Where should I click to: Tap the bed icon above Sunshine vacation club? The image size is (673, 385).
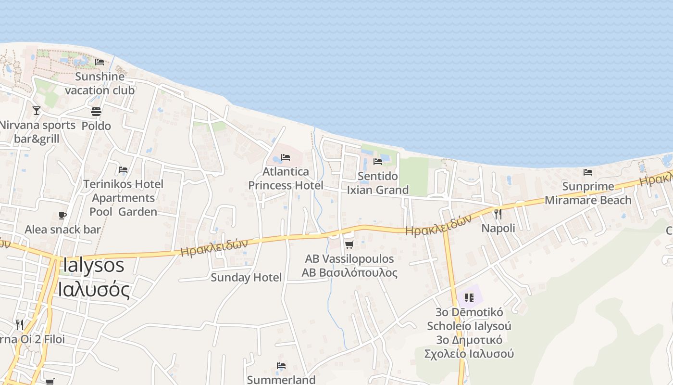[x=100, y=62]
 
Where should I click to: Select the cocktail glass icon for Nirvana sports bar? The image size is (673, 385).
[x=37, y=110]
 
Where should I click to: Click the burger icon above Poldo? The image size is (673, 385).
[x=96, y=112]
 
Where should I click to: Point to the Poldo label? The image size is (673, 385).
[x=96, y=126]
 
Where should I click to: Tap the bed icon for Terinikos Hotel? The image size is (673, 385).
[x=123, y=170]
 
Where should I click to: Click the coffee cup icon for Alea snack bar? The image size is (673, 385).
[x=62, y=215]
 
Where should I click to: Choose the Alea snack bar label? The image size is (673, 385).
[x=62, y=229]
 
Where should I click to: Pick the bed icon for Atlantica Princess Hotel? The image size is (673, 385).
[x=286, y=157]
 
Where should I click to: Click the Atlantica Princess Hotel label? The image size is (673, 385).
[x=286, y=178]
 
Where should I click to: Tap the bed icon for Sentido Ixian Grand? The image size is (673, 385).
[x=378, y=162]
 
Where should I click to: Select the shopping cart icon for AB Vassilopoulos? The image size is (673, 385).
[x=349, y=244]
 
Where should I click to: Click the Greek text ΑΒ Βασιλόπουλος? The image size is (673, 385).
[x=349, y=273]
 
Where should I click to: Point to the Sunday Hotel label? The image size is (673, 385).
[x=246, y=277]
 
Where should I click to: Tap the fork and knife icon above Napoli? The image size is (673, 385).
[x=498, y=214]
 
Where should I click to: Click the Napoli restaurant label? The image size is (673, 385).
[x=498, y=228]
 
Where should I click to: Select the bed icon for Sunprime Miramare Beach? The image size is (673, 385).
[x=588, y=172]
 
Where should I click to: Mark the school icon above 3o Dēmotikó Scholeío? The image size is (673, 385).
[x=469, y=298]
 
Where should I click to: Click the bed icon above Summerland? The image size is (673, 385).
[x=281, y=366]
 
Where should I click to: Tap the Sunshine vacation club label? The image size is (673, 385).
[x=100, y=83]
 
